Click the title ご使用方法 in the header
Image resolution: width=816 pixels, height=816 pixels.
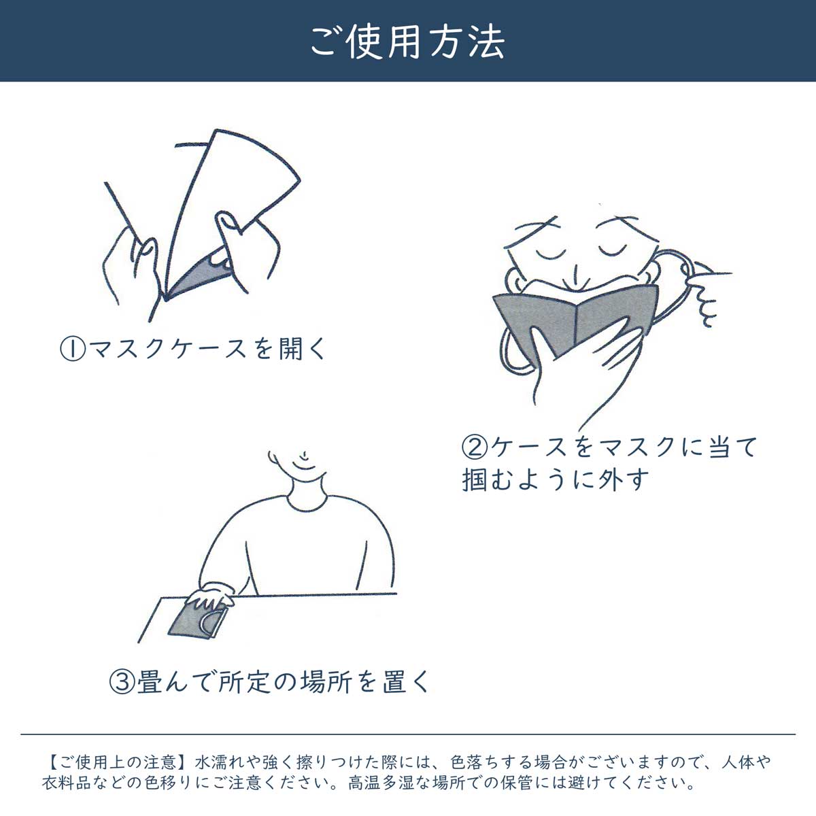(408, 42)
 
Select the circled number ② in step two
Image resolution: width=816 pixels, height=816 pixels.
(475, 447)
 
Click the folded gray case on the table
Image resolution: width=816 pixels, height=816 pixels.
(198, 620)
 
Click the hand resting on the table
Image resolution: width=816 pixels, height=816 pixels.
(210, 596)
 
